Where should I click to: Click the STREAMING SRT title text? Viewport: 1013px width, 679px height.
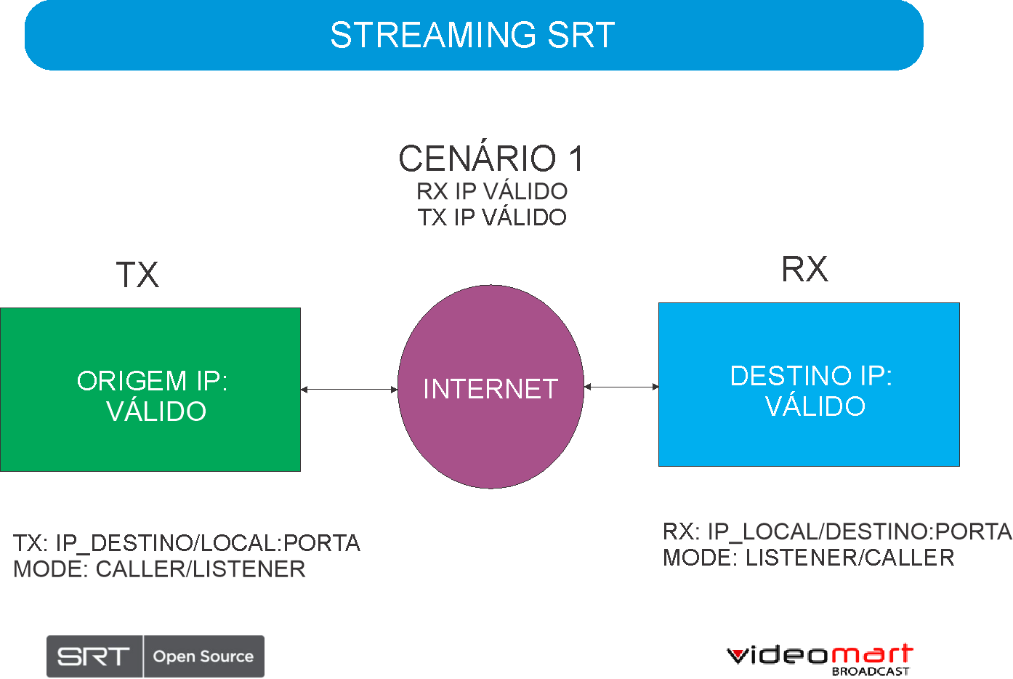tap(472, 35)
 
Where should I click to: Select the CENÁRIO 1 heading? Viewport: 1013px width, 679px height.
tap(491, 158)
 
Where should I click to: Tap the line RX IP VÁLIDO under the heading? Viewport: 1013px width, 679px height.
tap(492, 191)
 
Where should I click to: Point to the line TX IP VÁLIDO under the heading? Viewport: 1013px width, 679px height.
tap(492, 217)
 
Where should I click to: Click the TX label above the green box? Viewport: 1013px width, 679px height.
tap(137, 275)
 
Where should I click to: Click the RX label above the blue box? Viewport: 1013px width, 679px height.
tap(805, 269)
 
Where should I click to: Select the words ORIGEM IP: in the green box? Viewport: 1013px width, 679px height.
tap(152, 381)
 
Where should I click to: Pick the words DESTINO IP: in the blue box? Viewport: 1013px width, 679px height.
tap(811, 375)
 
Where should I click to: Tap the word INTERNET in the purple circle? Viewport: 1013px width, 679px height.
tap(491, 389)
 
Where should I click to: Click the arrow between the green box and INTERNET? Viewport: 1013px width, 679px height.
tap(349, 390)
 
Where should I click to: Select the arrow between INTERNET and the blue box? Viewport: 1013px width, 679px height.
tap(621, 387)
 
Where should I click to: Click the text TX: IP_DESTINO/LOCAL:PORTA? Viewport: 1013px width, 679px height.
tap(187, 543)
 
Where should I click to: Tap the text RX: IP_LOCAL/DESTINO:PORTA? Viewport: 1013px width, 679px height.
tap(838, 531)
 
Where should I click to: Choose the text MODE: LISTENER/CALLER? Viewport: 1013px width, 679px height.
tap(809, 558)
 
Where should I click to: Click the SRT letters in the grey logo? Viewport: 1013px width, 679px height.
tap(93, 656)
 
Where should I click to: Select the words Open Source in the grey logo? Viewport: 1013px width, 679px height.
tap(203, 656)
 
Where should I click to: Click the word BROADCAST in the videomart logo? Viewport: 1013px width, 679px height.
tap(871, 671)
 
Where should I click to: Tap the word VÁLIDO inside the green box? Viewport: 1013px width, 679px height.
tap(156, 411)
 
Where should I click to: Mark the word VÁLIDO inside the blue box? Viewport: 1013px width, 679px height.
tap(815, 406)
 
